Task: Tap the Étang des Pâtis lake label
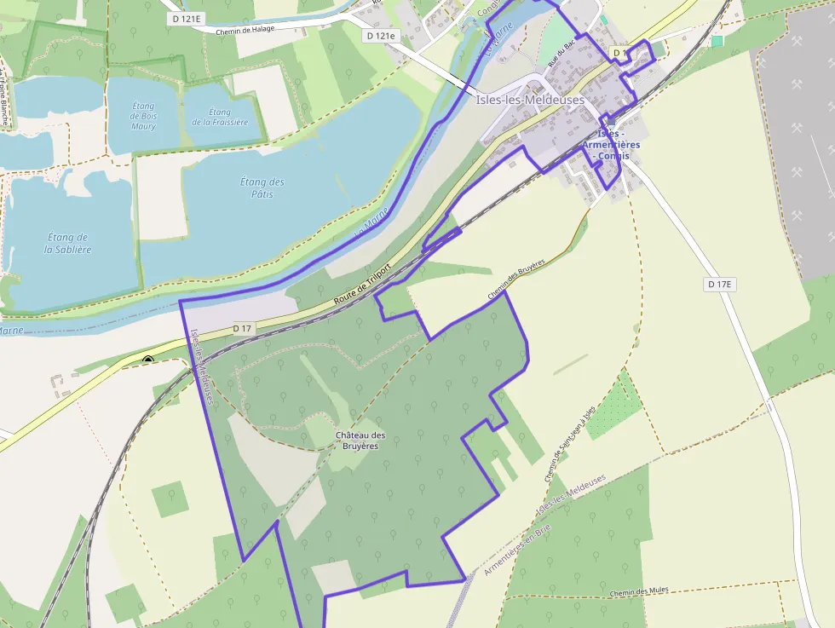tap(262, 187)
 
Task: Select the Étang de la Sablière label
tap(67, 243)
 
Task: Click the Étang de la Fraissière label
tap(219, 117)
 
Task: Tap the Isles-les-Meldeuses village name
tap(531, 100)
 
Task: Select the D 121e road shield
tap(381, 36)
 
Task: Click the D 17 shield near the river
tap(243, 328)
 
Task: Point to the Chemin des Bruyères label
tap(515, 279)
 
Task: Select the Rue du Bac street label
tap(558, 57)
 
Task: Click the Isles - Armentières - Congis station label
tap(611, 145)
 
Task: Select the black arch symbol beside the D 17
tap(148, 360)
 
